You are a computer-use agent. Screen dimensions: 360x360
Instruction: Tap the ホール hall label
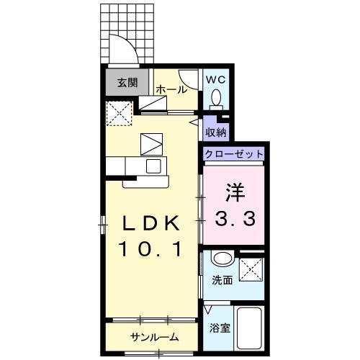point(171,90)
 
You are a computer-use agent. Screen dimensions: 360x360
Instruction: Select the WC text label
point(215,80)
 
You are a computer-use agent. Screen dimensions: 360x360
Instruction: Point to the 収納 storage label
point(215,132)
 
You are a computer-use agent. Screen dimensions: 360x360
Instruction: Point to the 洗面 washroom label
point(222,280)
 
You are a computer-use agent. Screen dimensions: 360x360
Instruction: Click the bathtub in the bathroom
point(250,329)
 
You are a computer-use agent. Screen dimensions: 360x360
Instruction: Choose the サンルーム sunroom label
point(154,337)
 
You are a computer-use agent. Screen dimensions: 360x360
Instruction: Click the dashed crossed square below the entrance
point(119,112)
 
